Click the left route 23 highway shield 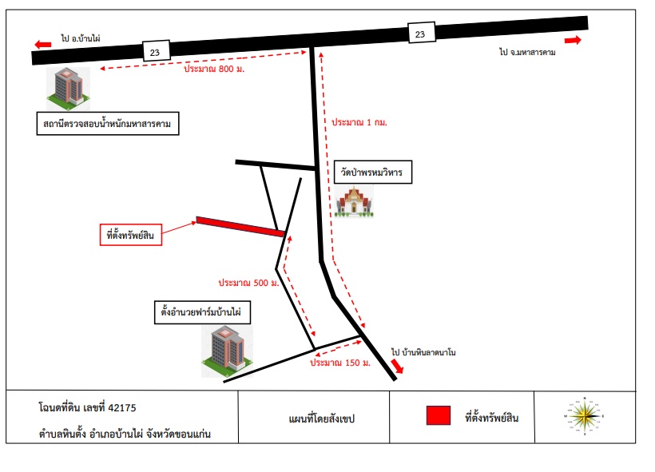[157, 51]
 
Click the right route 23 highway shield [422, 33]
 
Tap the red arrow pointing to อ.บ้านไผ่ [43, 44]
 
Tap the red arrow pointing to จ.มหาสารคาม [573, 40]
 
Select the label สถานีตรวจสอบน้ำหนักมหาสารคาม [108, 123]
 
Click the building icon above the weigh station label [68, 88]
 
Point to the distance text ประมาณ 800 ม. [214, 69]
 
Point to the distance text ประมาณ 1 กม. [359, 122]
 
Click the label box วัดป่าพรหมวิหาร [373, 172]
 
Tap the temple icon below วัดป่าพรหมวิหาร [354, 202]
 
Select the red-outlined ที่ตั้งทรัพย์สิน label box [131, 235]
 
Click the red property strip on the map [240, 227]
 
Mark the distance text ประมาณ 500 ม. [248, 283]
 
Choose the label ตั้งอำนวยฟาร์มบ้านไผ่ [203, 312]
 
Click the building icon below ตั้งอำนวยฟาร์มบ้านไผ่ [227, 351]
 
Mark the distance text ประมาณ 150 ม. [340, 363]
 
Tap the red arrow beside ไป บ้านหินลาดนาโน [397, 366]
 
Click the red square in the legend [439, 415]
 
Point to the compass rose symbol [585, 416]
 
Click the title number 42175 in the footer [122, 407]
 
